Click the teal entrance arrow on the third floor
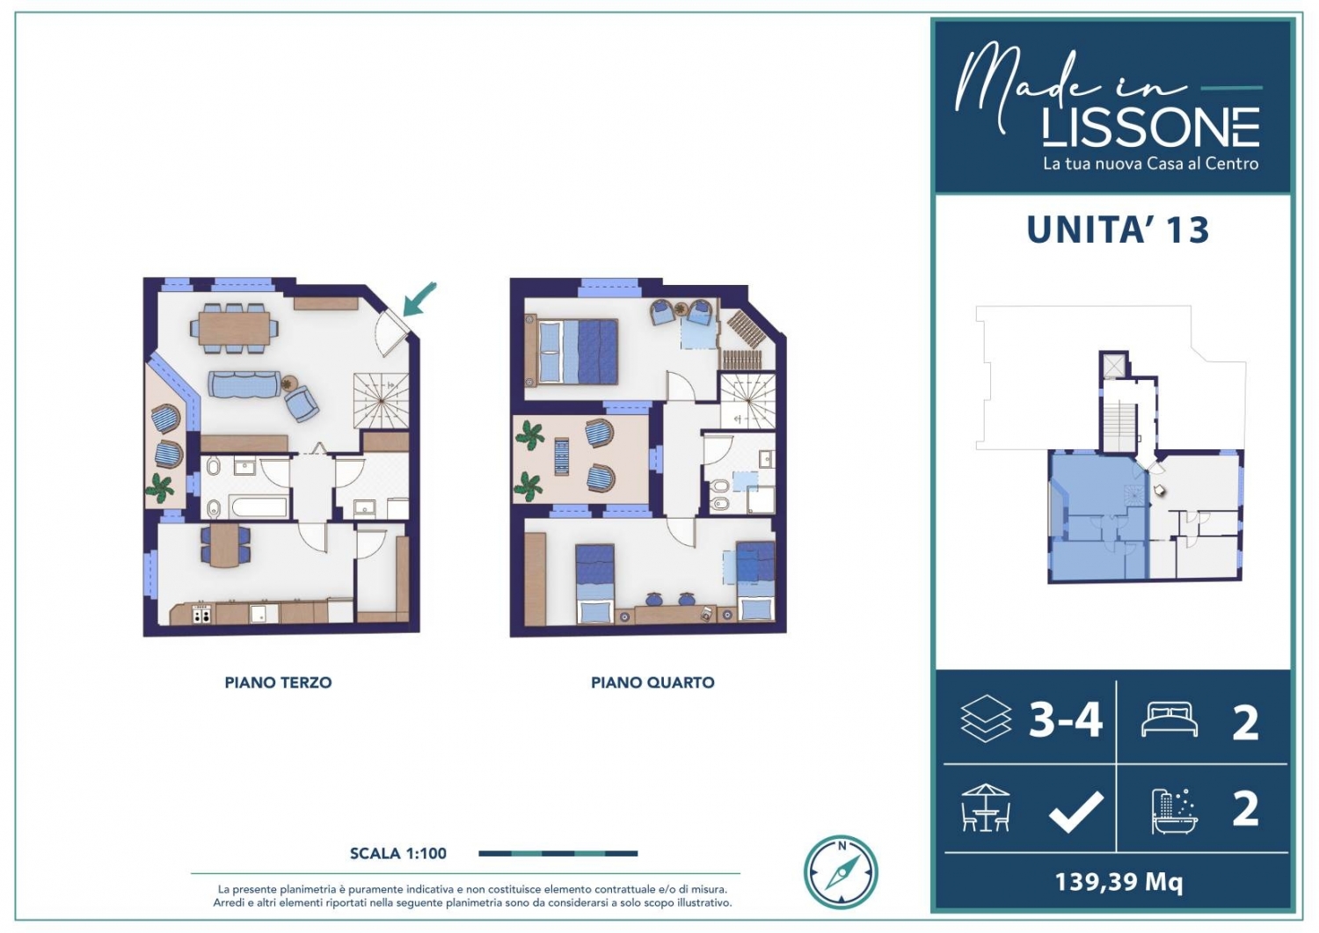(419, 299)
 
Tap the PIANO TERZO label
(278, 682)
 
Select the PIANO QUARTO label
(652, 682)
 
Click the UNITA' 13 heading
(1118, 230)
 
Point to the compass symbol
(841, 872)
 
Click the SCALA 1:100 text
(398, 854)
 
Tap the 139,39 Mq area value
(1119, 882)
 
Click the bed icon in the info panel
(1169, 719)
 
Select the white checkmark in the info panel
(1075, 812)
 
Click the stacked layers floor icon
(986, 718)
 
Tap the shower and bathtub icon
(1175, 811)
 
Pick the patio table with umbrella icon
(986, 807)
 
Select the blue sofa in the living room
(244, 384)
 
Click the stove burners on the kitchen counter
(202, 616)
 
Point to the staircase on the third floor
(381, 400)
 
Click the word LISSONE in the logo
(1150, 128)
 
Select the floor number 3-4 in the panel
(1065, 720)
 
